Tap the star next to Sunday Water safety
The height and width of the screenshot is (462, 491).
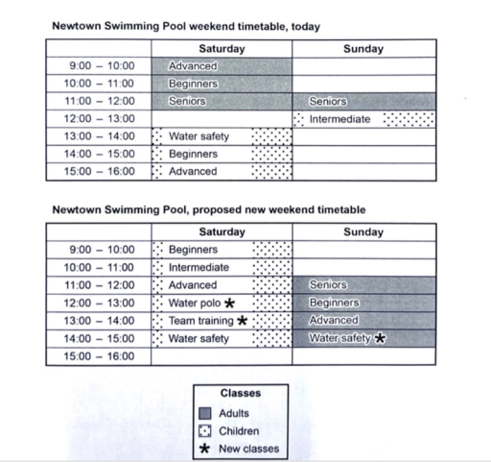(380, 338)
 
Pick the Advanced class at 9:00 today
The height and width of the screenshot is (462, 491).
(193, 66)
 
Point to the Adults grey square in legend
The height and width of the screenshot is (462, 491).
(206, 413)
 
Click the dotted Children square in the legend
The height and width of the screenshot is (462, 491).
(206, 431)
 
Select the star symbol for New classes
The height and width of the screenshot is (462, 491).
(206, 449)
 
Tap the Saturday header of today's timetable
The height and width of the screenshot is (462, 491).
(222, 49)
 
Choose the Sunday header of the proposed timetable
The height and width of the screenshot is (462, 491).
(362, 231)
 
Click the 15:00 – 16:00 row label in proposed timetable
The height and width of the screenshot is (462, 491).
(104, 356)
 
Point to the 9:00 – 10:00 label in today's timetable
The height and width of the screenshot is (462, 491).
(104, 66)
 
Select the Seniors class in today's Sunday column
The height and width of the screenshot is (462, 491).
(328, 101)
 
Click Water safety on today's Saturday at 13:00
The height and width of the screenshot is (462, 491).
(199, 136)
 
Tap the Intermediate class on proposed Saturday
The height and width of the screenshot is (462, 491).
(199, 267)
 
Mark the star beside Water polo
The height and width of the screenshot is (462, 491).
(230, 303)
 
